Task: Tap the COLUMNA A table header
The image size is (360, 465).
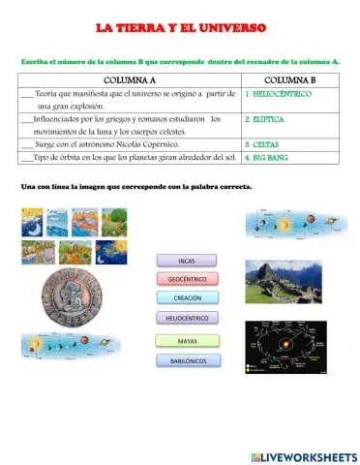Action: tap(128, 79)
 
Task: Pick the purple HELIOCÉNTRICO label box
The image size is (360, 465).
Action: tap(187, 318)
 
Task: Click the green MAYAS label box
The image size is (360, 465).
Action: tap(187, 341)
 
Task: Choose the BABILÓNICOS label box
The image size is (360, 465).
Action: tap(187, 360)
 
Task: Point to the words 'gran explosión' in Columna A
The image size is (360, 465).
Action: tap(78, 106)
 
